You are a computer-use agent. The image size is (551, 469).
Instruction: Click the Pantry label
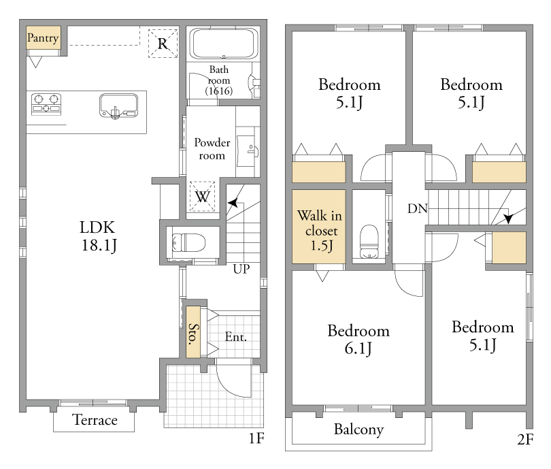43,37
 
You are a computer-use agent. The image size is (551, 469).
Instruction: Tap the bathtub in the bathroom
224,44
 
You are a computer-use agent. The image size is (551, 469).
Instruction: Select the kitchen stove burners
46,104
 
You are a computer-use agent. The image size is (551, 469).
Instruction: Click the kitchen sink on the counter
118,106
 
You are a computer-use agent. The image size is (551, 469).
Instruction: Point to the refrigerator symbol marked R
163,44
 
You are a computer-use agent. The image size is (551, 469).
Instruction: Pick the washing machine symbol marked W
203,197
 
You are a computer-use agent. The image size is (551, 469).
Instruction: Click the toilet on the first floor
188,243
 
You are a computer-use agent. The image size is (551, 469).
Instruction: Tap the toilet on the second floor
369,241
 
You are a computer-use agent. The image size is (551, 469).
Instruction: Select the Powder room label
212,148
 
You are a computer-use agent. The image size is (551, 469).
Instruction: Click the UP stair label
241,269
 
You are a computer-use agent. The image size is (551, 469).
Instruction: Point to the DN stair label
418,208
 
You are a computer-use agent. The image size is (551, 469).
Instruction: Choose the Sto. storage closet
193,332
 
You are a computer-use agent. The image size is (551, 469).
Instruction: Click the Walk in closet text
320,231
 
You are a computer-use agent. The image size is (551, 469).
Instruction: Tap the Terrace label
95,420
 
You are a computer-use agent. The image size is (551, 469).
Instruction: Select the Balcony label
358,430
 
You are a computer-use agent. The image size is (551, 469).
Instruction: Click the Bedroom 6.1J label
358,340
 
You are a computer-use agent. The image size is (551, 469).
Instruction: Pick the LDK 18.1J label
98,236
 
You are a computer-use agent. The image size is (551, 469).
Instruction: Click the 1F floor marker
256,438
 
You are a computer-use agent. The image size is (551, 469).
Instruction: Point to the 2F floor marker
526,440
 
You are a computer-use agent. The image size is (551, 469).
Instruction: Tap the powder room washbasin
248,151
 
